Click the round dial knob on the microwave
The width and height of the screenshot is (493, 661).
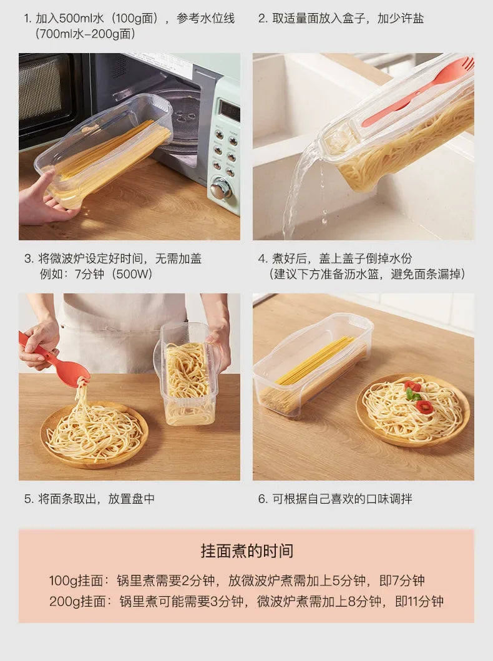[x=220, y=188]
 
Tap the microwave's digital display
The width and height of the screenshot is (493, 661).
[x=229, y=111]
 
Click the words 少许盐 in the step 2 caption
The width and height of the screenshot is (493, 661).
[x=407, y=18]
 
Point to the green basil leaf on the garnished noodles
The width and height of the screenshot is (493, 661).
[x=412, y=394]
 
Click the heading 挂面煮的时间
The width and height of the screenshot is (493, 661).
[x=246, y=551]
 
